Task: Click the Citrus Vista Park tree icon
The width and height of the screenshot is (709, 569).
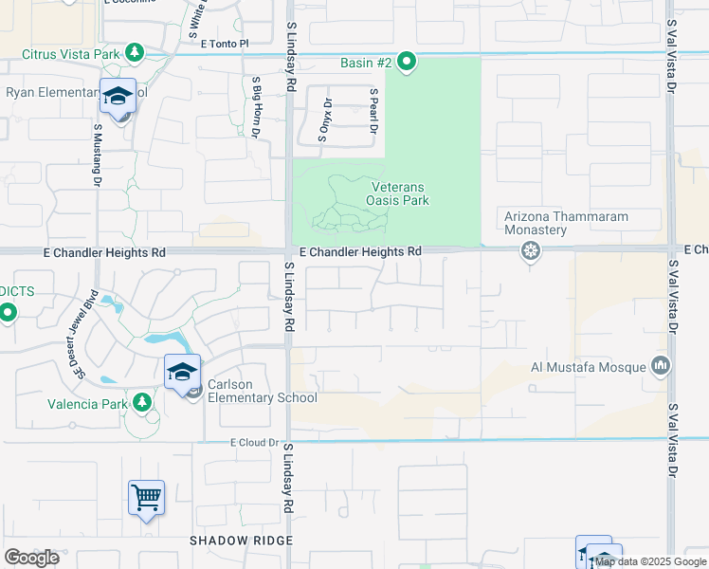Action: (x=135, y=51)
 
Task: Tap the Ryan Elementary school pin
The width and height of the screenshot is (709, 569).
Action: (x=118, y=99)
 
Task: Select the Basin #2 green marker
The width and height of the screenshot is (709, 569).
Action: (x=407, y=64)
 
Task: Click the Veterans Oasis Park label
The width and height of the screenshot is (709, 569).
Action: (x=398, y=194)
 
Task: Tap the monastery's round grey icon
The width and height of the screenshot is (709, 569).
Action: (x=530, y=251)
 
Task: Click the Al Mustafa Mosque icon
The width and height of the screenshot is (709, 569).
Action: (x=661, y=366)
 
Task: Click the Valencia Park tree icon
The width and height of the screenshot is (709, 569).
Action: (x=142, y=403)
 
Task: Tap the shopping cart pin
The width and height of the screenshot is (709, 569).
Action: (x=146, y=497)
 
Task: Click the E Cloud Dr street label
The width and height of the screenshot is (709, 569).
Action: (x=255, y=442)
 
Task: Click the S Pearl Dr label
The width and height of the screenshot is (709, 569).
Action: (x=374, y=112)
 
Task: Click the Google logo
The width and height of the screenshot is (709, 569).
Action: (x=32, y=558)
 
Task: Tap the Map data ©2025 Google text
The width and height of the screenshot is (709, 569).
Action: (x=650, y=561)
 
